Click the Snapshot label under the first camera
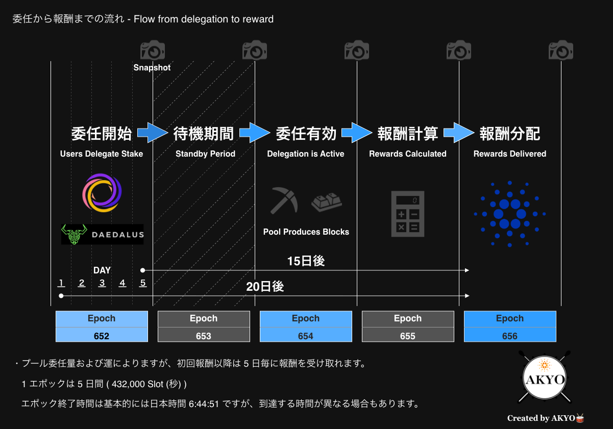coord(152,67)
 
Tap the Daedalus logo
coord(103,234)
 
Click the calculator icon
coord(408,214)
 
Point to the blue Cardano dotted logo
coord(509,214)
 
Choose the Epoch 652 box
coord(102,326)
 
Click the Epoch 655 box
coord(408,326)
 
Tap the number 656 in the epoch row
coord(509,336)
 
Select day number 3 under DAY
coord(102,283)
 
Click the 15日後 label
coord(306,261)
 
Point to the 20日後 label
coord(265,287)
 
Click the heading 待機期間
coord(204,134)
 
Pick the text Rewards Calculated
coord(408,154)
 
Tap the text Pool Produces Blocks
coord(306,232)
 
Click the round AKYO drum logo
coord(545,377)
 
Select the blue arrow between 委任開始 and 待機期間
coord(153,133)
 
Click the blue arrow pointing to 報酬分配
coord(459,133)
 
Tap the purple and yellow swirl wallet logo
coord(102,193)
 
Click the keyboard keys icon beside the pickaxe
coord(327,202)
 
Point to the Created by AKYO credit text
coord(546,418)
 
